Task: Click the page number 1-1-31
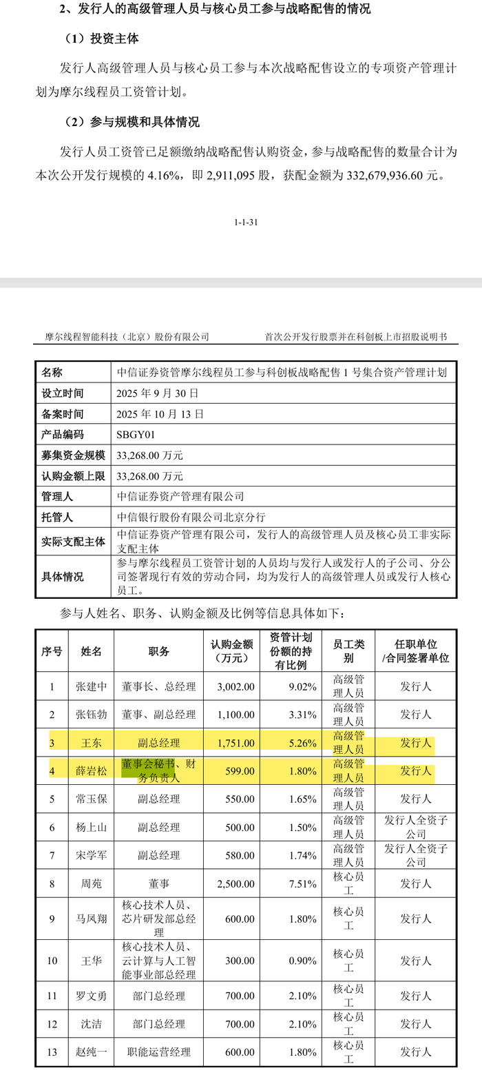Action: click(x=247, y=223)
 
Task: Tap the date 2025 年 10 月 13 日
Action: click(x=160, y=414)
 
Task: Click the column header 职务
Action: click(x=158, y=651)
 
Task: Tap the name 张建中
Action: click(x=91, y=686)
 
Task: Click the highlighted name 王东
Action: click(x=91, y=743)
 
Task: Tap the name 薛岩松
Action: click(x=91, y=771)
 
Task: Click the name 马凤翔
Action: click(x=91, y=919)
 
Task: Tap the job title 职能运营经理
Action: click(x=158, y=1052)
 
